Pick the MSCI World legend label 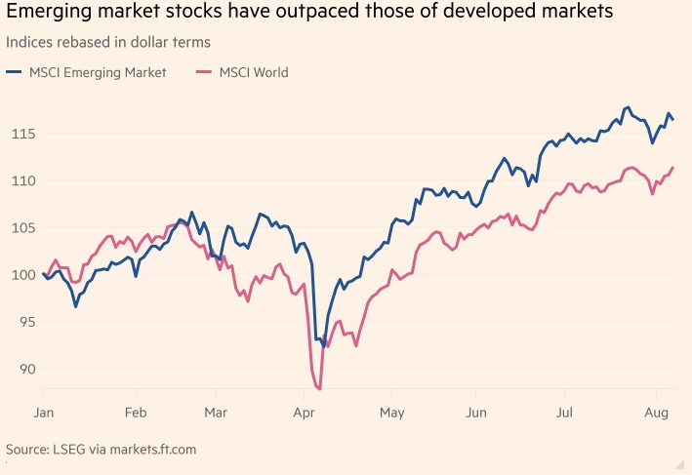click(254, 71)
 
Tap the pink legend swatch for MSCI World click(205, 71)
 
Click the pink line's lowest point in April click(320, 389)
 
